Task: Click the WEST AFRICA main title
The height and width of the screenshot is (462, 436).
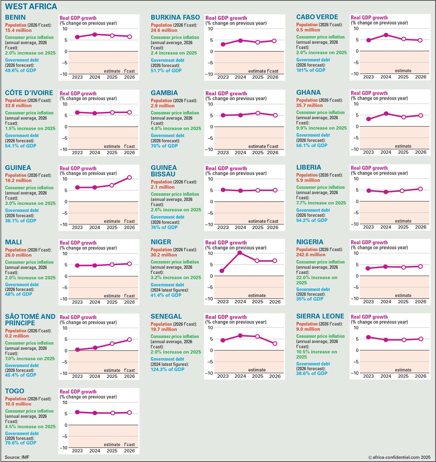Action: click(31, 6)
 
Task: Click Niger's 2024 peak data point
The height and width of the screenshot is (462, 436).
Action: click(240, 253)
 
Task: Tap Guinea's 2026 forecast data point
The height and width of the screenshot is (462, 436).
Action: click(129, 178)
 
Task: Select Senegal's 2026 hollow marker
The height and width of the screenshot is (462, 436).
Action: click(275, 344)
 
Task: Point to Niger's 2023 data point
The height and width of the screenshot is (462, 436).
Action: click(222, 271)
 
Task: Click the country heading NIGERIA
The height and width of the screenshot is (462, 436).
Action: click(310, 242)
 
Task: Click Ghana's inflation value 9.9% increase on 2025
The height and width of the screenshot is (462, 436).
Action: click(321, 128)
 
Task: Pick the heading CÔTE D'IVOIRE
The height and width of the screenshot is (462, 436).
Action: click(29, 93)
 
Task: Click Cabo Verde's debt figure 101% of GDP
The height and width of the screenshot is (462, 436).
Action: click(311, 70)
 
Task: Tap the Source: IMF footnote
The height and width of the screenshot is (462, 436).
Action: click(17, 457)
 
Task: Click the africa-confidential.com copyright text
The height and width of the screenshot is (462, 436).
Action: click(400, 457)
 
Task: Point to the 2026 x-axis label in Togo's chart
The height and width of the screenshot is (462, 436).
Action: click(129, 450)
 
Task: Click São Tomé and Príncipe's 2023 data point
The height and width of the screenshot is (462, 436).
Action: click(77, 349)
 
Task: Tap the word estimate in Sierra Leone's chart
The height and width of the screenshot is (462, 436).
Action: click(403, 370)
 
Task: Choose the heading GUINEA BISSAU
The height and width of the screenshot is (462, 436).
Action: click(163, 171)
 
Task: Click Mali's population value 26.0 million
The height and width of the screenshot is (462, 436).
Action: click(18, 255)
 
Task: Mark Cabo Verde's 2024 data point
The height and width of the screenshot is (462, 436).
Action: click(386, 35)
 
